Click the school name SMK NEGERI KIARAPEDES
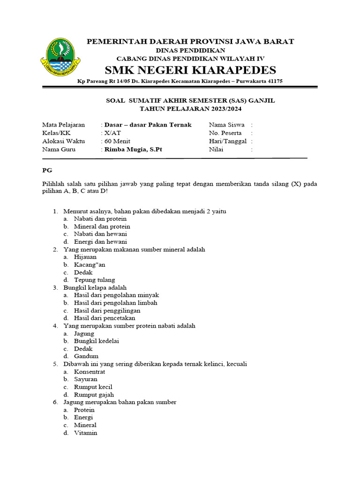point(190,70)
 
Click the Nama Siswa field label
point(226,125)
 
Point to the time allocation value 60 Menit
point(117,141)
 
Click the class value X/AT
point(112,133)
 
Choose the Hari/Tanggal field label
point(227,141)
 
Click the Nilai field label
point(216,150)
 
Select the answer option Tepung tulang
point(94,280)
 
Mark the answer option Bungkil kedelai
point(96,341)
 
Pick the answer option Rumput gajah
point(94,395)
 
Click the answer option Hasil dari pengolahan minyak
point(116,295)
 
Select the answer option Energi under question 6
point(83,417)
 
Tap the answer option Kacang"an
point(90,264)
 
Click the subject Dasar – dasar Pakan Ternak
point(148,125)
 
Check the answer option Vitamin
point(85,433)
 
